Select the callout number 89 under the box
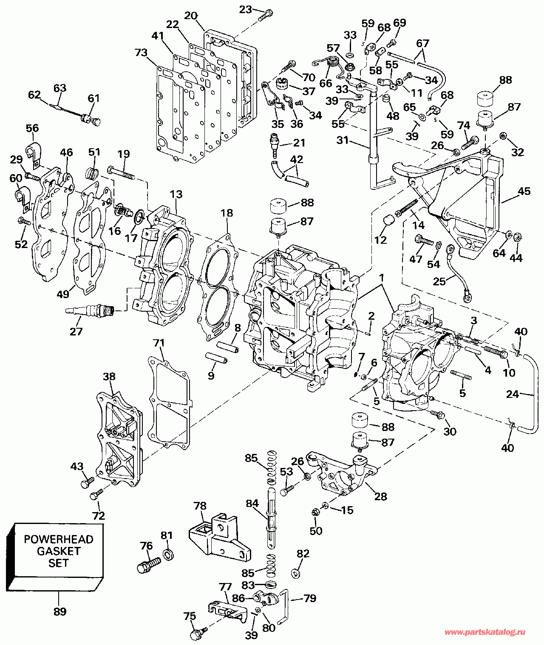click(x=59, y=611)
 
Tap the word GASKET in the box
click(x=59, y=551)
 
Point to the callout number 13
click(x=176, y=194)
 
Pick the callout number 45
click(x=524, y=191)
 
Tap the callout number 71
click(x=159, y=343)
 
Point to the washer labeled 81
click(x=167, y=555)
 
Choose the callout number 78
click(x=200, y=506)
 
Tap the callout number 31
click(x=343, y=141)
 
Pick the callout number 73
click(x=141, y=53)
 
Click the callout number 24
click(x=513, y=394)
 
